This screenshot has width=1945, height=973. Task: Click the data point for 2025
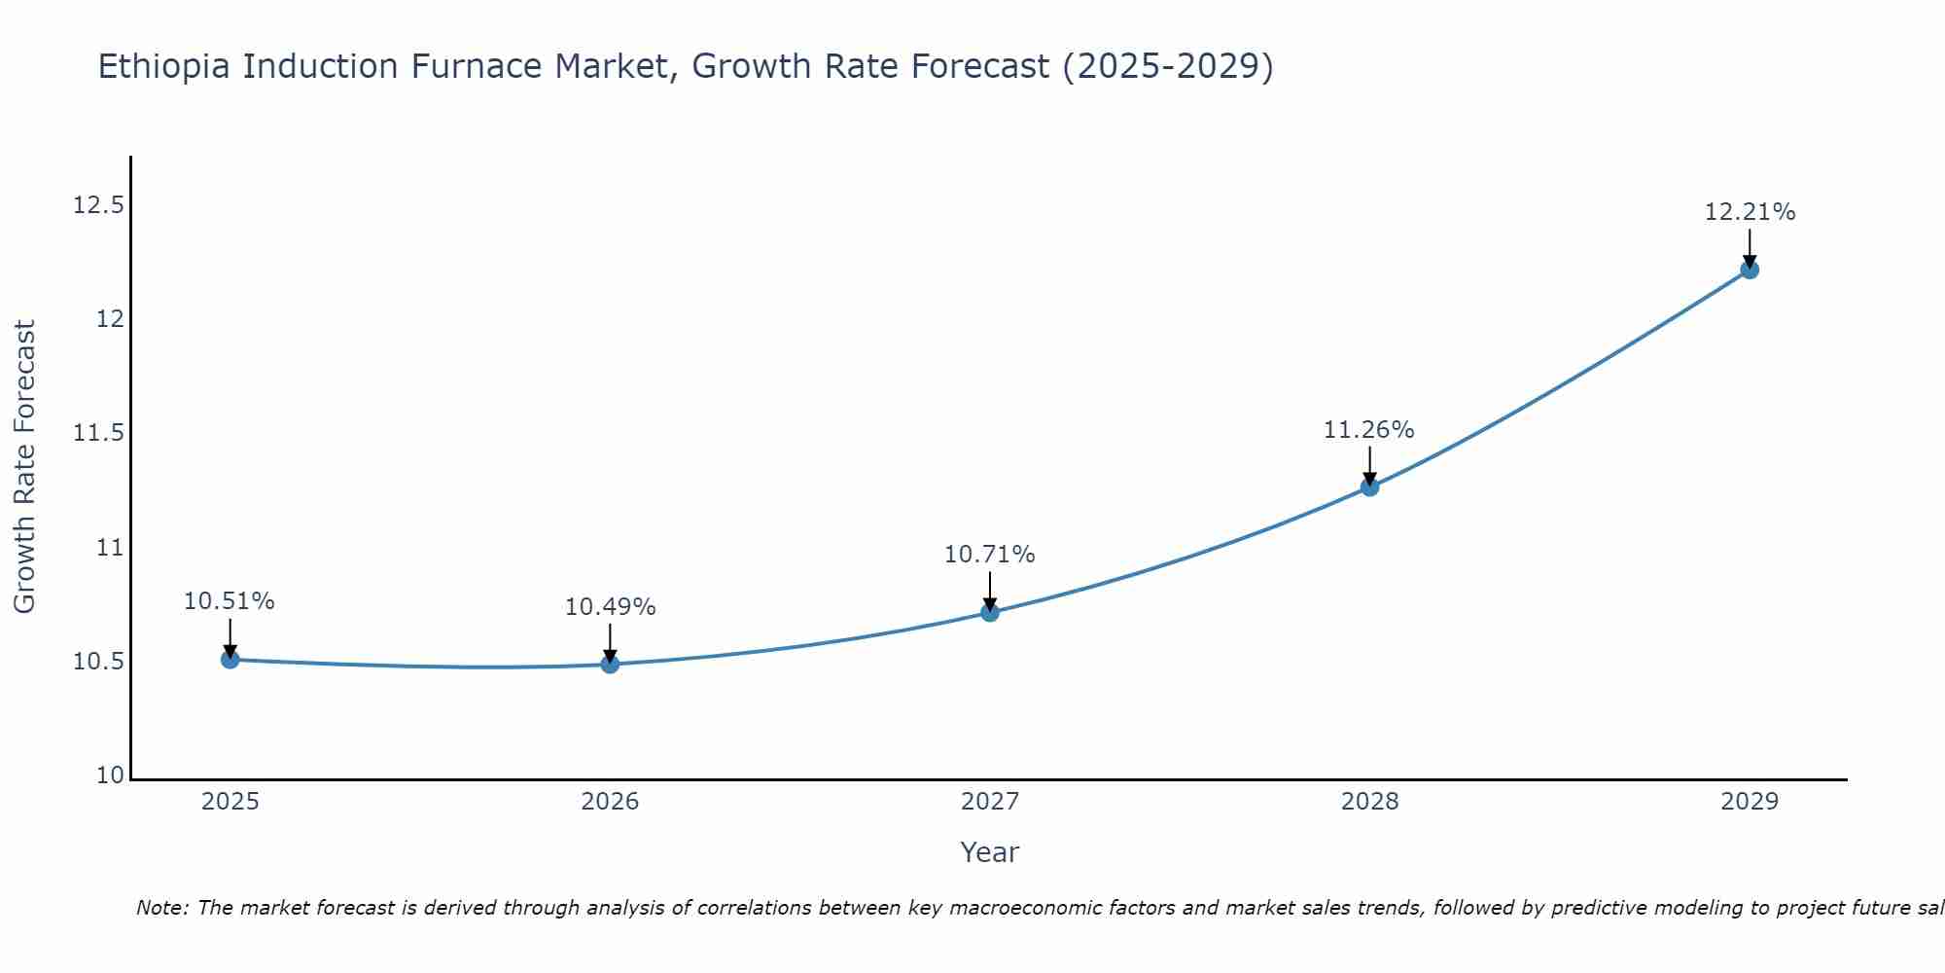230,660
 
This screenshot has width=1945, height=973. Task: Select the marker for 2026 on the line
610,665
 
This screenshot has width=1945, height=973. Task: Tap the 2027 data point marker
990,612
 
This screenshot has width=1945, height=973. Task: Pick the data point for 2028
1369,486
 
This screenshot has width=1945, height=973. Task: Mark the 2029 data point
1750,270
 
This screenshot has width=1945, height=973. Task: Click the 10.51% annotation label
230,601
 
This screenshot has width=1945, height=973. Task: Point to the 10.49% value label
610,607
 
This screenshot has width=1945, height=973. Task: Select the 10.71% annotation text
989,555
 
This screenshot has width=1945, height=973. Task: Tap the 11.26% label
1368,430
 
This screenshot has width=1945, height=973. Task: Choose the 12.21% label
1750,212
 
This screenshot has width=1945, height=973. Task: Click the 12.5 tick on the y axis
98,205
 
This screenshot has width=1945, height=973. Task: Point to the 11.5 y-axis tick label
98,433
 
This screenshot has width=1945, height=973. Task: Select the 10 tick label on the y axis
111,775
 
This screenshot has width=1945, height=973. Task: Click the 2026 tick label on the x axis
610,802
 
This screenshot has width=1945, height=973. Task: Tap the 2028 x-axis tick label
1369,802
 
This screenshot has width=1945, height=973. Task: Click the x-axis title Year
989,852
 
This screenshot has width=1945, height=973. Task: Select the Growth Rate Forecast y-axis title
24,467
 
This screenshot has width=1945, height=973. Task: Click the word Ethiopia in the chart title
165,66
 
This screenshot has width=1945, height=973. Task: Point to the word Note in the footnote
161,908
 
